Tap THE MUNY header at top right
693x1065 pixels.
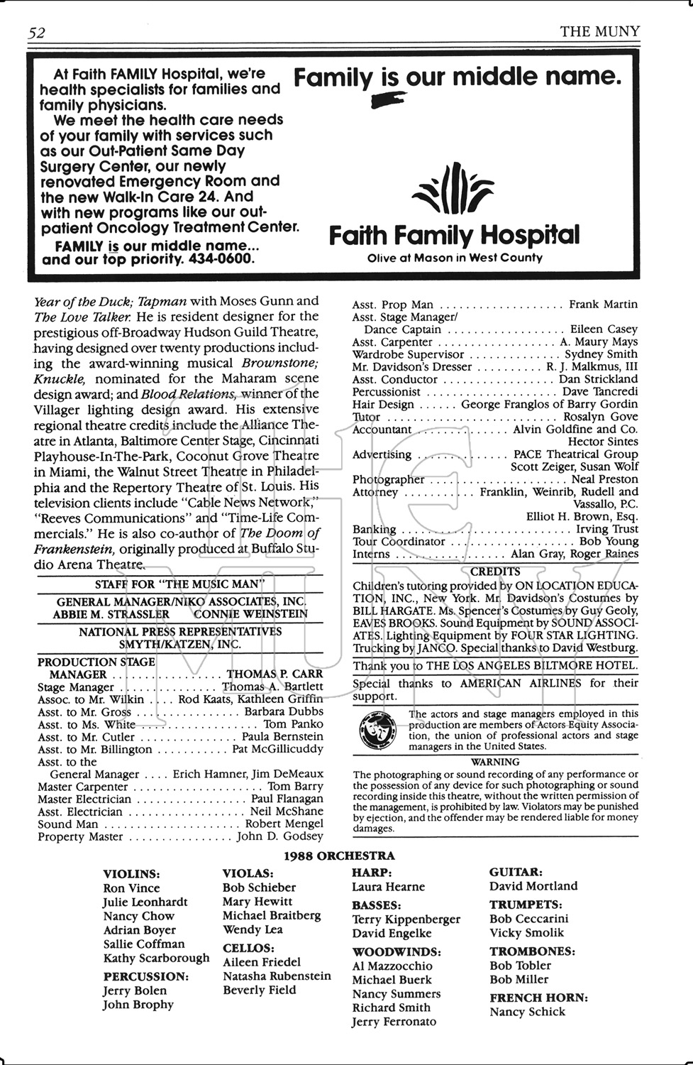tap(599, 31)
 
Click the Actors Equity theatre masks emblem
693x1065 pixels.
tap(377, 731)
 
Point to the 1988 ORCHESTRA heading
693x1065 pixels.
tap(339, 856)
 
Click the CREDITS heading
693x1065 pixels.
tap(495, 572)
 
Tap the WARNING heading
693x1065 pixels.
tap(495, 762)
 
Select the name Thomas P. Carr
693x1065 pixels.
tap(275, 674)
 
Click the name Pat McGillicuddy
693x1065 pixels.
tap(277, 749)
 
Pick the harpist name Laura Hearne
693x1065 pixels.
tap(388, 887)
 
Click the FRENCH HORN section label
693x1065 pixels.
tap(538, 998)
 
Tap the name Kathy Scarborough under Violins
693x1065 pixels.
tap(156, 958)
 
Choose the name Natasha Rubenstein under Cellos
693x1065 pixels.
tap(277, 976)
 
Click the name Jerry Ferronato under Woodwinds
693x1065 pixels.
tap(394, 1022)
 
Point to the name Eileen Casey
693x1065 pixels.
tap(604, 329)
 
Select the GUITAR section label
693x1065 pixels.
tap(516, 871)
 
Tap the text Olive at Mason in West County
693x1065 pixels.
tap(455, 258)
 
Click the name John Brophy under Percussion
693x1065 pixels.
tap(138, 1004)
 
